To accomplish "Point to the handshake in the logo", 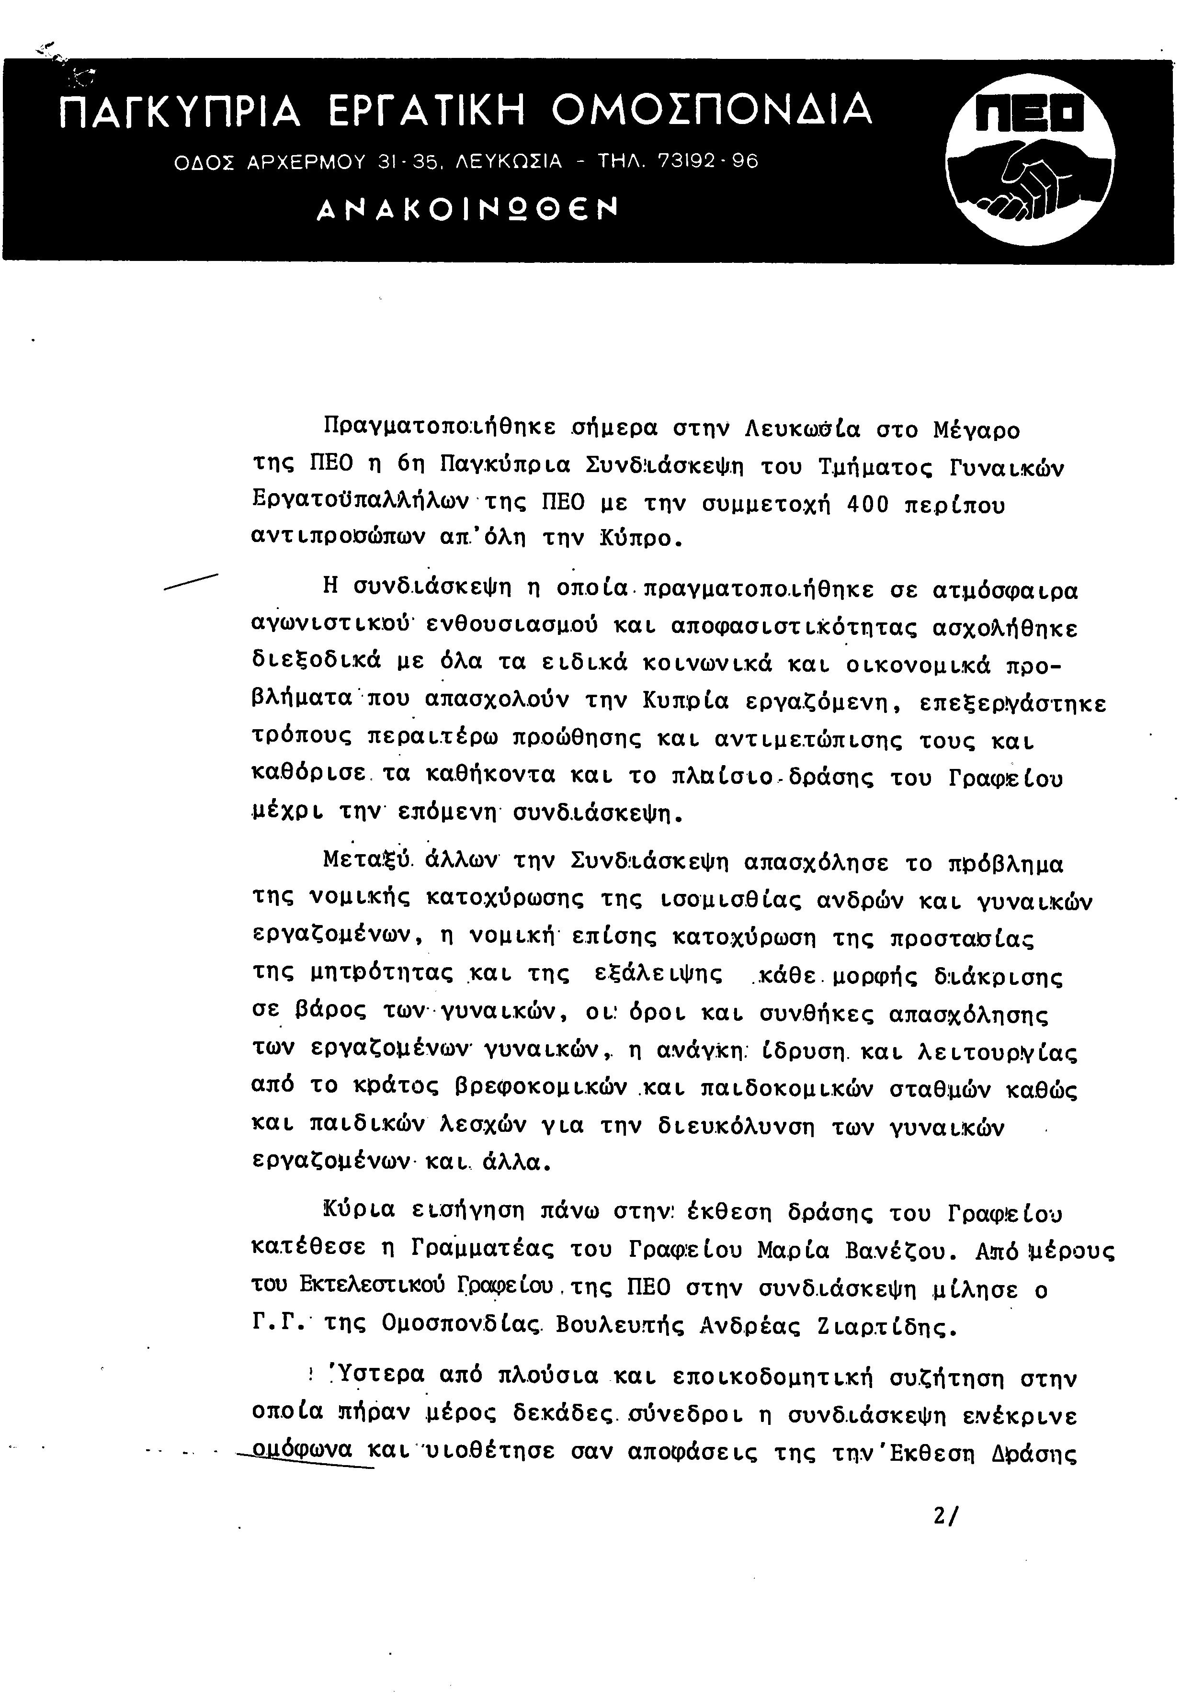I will tap(1030, 181).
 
